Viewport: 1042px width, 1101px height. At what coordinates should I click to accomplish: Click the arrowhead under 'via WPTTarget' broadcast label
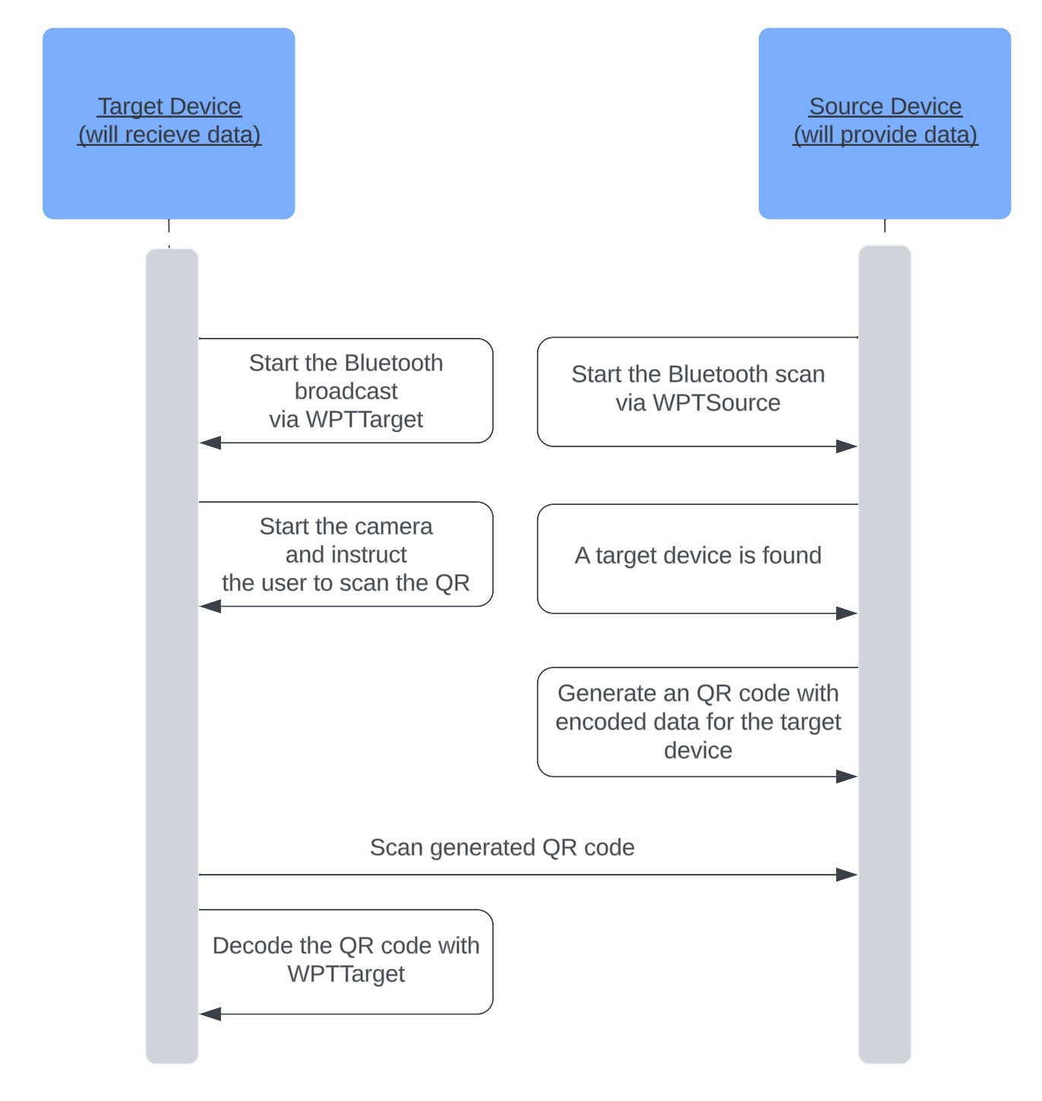pos(210,443)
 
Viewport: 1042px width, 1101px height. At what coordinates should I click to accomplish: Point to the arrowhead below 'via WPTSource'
pos(846,446)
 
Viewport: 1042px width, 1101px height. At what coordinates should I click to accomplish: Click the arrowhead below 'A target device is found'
pos(846,613)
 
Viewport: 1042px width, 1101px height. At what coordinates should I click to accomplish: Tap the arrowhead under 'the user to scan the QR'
pos(210,606)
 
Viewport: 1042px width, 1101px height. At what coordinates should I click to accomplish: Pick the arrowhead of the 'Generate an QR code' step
pos(846,776)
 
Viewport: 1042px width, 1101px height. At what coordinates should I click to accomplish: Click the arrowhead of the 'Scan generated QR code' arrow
pos(846,875)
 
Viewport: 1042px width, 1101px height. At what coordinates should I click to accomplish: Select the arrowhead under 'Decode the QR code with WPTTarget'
pos(210,1014)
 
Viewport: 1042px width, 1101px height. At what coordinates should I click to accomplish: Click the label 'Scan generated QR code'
pos(502,847)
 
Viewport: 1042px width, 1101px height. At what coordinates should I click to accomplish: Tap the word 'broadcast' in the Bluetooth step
pos(346,391)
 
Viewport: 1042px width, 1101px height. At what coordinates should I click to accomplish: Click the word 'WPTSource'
pos(716,402)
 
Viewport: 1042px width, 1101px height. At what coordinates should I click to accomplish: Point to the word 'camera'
pos(393,526)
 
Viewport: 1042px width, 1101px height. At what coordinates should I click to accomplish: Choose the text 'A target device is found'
pos(698,556)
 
